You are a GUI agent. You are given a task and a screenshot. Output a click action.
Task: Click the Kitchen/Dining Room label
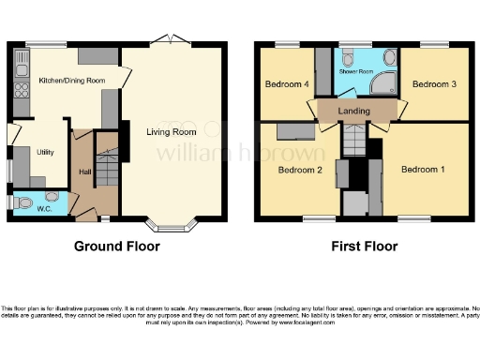[71, 81]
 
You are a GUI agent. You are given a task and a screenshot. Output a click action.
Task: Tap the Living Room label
[175, 131]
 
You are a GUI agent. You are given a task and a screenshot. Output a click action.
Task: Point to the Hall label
[84, 172]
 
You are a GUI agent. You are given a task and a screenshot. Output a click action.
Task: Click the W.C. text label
[44, 208]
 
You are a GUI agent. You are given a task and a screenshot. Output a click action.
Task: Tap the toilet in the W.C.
[25, 201]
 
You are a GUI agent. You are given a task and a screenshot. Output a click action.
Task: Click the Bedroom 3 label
[434, 84]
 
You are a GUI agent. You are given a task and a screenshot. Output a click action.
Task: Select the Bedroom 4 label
[287, 84]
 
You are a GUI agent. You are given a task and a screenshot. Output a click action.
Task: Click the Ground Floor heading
[117, 247]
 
